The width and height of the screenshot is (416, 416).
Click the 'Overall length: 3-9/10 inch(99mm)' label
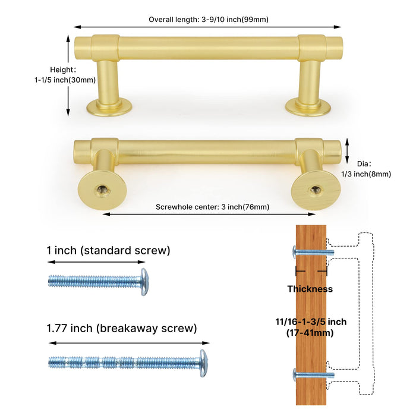coord(209,20)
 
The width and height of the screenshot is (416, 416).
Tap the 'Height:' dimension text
coord(63,70)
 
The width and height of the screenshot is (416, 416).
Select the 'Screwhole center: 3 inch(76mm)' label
coord(212,207)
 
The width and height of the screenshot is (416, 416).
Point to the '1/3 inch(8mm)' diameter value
coord(366,174)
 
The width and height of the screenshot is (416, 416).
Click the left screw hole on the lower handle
coord(103,190)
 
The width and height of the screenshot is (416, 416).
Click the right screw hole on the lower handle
coord(315,190)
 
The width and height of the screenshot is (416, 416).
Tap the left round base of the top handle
coord(109,107)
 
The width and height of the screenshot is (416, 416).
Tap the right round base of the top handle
coord(308,107)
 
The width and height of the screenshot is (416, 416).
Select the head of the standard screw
coord(144,282)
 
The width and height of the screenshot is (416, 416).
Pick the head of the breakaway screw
coord(204,363)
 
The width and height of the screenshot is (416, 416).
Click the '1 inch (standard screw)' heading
coord(108,250)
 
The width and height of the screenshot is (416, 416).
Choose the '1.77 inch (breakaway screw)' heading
coord(122,329)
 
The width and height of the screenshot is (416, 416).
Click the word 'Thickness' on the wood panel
coord(310,289)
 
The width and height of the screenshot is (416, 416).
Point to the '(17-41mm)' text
coord(310,333)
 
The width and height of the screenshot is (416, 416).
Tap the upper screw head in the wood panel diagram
coord(294,252)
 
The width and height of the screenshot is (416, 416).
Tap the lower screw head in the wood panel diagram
coord(295,375)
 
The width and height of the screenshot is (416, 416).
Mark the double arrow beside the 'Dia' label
coord(346,151)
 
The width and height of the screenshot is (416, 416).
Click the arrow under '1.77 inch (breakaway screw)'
coord(129,343)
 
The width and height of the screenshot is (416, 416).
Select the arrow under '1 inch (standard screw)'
coord(96,262)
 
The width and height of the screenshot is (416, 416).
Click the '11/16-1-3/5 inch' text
coord(311,322)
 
